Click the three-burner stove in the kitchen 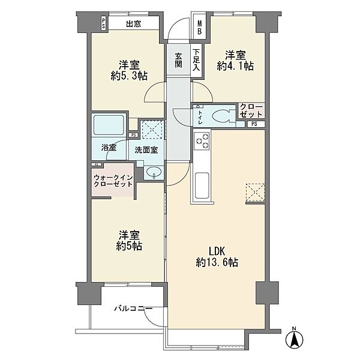point(202,141)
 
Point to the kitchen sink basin point(202,185)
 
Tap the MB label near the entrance point(200,27)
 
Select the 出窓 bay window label point(134,24)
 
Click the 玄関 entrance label point(178,61)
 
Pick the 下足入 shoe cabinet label point(196,60)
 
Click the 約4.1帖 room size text point(236,67)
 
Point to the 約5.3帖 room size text point(129,76)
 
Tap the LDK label point(217,251)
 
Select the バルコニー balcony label point(133,308)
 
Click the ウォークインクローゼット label point(113,181)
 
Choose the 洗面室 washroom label point(146,150)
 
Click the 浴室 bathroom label point(109,148)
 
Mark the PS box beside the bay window point(104,23)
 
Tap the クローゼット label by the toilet point(251,110)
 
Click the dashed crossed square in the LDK point(256,192)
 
